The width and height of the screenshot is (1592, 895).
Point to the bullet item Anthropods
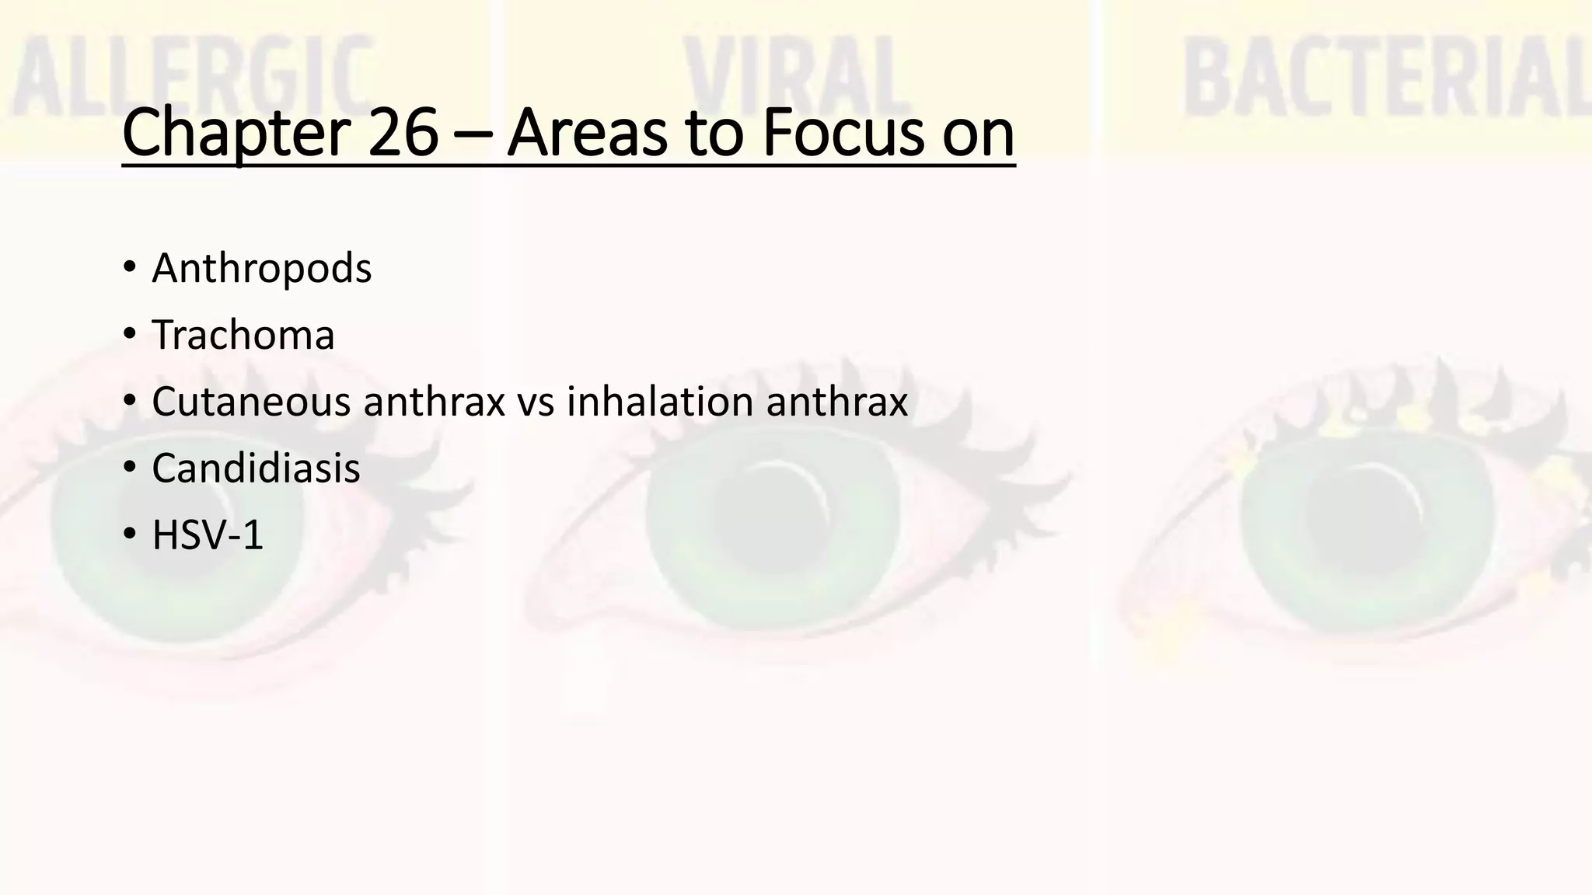pos(262,269)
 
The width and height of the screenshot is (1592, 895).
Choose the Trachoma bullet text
pos(243,336)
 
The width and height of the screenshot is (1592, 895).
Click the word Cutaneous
pos(251,402)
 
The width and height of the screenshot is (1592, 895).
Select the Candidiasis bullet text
pos(256,469)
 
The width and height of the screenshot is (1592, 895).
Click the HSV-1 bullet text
pos(208,536)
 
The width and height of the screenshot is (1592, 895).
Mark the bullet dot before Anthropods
pos(129,270)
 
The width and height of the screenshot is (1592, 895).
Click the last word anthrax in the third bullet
pos(836,402)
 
